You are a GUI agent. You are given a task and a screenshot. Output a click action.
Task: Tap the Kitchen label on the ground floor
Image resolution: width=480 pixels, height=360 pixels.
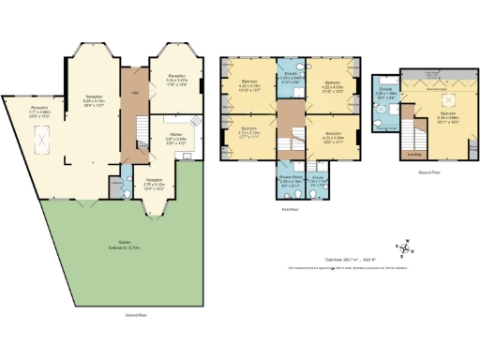175,137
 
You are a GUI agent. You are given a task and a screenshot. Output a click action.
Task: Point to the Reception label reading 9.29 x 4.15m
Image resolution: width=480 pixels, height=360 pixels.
94,98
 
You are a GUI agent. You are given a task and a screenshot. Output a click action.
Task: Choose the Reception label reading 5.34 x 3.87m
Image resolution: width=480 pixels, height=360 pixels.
176,78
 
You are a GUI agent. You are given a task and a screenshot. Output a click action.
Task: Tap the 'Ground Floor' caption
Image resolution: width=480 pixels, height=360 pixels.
138,316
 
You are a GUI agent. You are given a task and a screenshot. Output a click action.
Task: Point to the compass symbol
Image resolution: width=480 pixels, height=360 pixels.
403,247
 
